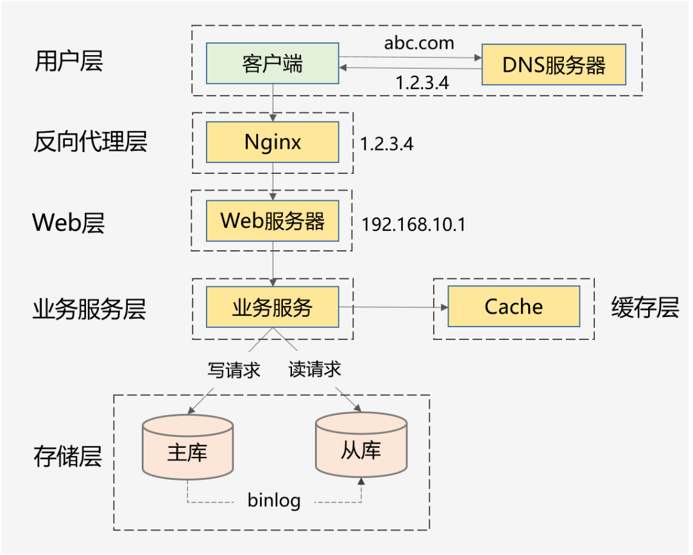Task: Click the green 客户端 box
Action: coord(273,64)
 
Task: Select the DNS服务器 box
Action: coord(553,65)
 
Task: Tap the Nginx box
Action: coord(273,142)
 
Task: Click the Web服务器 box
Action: coord(273,221)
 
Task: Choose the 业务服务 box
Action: coord(273,307)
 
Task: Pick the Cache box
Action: coord(513,307)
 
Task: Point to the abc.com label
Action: coord(419,43)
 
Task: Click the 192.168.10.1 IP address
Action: coord(414,225)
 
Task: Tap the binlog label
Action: coord(274,500)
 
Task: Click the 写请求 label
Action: coord(234,370)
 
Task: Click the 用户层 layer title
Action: coord(68,62)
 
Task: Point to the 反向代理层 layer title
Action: coord(90,142)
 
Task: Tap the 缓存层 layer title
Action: coord(645,308)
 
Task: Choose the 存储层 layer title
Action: coord(67,457)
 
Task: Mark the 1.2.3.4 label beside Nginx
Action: coord(386,144)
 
